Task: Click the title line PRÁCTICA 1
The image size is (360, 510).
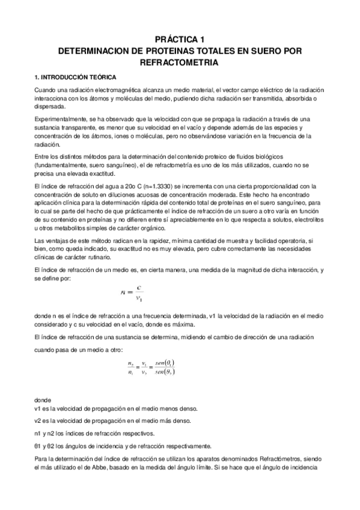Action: pos(180,37)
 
